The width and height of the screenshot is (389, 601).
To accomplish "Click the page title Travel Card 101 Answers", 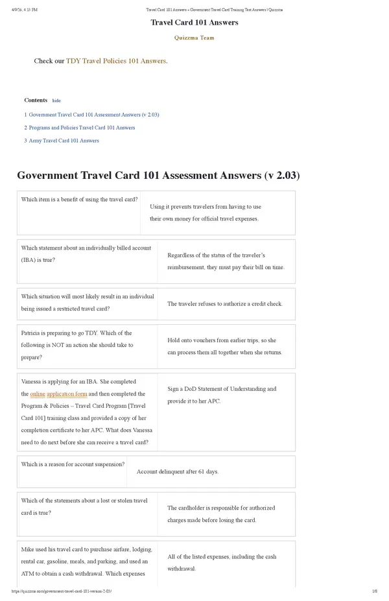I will click(x=194, y=23).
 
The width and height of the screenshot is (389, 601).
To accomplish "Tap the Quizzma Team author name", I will click(x=194, y=38).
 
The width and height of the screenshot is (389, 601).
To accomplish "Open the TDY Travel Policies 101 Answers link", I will click(x=116, y=61).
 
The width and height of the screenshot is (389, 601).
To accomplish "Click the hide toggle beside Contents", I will click(x=56, y=101).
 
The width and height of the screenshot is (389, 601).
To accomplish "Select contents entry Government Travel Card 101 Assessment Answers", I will click(x=94, y=115).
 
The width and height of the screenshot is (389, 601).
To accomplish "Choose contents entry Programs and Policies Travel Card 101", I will click(x=82, y=128).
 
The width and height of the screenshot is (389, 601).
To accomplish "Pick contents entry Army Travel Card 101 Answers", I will click(x=64, y=141).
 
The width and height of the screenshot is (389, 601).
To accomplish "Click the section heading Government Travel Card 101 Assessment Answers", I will click(x=158, y=176).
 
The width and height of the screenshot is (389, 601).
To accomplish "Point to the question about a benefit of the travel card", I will click(x=79, y=200).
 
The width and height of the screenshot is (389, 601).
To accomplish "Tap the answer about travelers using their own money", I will click(x=205, y=213).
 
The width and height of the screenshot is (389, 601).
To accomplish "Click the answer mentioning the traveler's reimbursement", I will click(x=225, y=261).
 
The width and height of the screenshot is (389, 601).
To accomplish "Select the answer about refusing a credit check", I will click(x=224, y=303).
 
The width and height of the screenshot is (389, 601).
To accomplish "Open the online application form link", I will click(x=58, y=394).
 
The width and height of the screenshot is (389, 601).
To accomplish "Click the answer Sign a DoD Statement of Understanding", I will click(x=221, y=395).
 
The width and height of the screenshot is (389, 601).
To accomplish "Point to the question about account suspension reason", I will click(x=73, y=464).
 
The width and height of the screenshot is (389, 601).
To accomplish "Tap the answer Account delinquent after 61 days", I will click(x=177, y=471).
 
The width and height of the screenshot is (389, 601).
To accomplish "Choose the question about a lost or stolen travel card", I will click(x=84, y=506).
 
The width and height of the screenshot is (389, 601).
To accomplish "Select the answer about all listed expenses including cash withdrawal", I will click(x=221, y=562).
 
